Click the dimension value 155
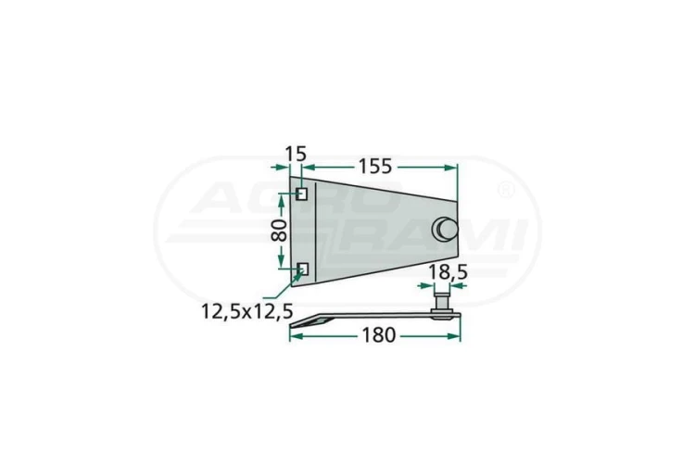(x=374, y=166)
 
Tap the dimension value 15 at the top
(x=295, y=151)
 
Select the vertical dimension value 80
(x=277, y=231)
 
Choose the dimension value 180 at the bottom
(x=377, y=335)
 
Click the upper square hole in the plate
(x=302, y=194)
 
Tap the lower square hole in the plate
(x=302, y=269)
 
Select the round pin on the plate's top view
(x=446, y=229)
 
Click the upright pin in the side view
(x=444, y=302)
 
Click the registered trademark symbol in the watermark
(x=506, y=192)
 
